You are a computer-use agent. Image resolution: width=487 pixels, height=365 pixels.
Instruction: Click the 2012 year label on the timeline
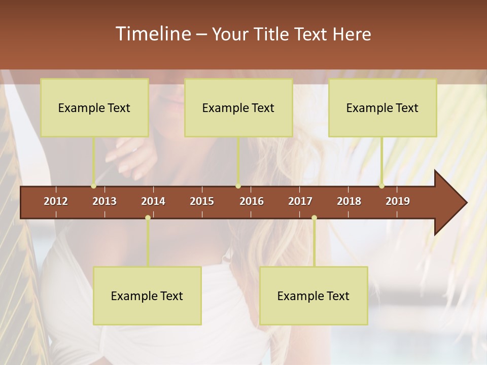(56, 201)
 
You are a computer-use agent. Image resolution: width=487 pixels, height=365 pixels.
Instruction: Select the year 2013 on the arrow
(105, 201)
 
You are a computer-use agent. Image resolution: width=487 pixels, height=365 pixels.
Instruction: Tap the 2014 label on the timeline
(153, 201)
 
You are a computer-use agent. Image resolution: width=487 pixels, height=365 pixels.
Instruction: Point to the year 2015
(202, 201)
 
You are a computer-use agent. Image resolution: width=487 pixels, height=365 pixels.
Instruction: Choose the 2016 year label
(252, 201)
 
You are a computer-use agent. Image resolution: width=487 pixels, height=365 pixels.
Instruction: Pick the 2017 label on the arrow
(300, 201)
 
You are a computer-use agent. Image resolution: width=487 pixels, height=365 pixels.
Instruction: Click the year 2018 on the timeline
(349, 201)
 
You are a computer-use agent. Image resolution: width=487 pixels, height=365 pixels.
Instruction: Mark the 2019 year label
(398, 201)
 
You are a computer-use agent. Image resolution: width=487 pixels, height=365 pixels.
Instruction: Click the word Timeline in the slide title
(152, 34)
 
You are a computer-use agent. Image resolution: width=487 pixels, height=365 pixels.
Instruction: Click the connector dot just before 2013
(93, 186)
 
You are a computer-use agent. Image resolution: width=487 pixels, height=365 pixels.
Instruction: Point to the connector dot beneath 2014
(148, 218)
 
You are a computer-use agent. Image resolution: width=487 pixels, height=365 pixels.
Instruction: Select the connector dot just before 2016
(238, 186)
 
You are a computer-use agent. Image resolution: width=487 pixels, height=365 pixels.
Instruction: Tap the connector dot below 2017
(314, 218)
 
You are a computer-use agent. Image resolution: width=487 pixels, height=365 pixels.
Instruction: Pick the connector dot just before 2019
(381, 186)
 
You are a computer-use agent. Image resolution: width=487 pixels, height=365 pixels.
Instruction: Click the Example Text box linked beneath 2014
(147, 296)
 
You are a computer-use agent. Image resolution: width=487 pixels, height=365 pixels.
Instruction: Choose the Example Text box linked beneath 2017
(314, 296)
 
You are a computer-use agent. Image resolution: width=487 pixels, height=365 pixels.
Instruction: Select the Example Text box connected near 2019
(382, 107)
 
